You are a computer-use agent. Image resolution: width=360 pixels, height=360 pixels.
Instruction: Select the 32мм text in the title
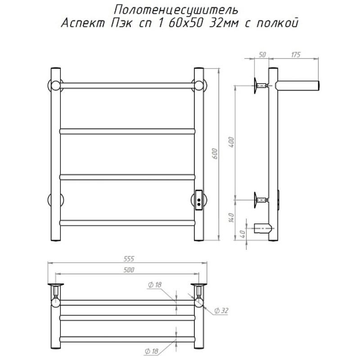pos(224,23)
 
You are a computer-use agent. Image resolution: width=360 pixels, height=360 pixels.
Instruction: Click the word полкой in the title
pos(277,22)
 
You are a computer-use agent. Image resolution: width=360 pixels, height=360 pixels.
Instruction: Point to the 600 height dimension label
pos(215,154)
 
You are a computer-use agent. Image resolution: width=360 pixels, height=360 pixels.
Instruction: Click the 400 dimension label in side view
pos(231,142)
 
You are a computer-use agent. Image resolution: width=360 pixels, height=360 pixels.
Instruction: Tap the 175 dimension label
pos(296,54)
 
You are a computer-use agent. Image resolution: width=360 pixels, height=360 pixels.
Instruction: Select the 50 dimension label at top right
pos(262,54)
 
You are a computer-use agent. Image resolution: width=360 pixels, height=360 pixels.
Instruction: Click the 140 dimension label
pos(231,218)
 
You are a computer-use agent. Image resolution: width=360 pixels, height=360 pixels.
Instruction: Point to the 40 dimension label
pos(243,234)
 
